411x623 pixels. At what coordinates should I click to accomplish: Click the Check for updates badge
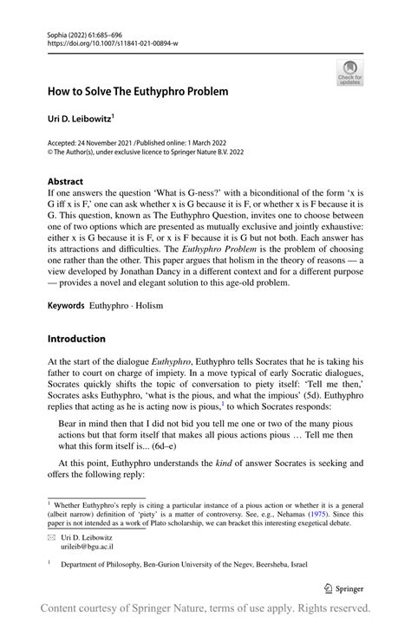click(x=349, y=72)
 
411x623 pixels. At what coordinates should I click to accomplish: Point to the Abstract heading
click(x=66, y=182)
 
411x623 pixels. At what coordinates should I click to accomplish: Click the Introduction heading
click(x=76, y=338)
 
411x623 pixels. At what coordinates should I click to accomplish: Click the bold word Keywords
click(x=66, y=307)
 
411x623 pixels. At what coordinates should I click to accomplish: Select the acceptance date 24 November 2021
click(x=108, y=142)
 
